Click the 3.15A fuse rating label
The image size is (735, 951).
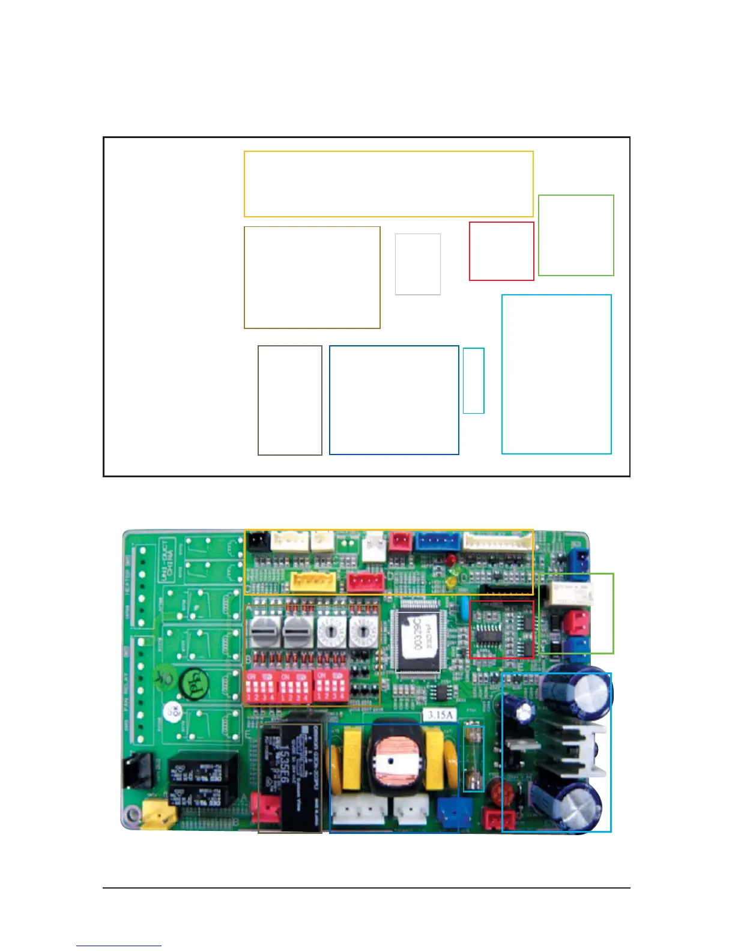click(x=440, y=715)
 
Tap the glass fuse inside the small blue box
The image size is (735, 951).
click(x=474, y=759)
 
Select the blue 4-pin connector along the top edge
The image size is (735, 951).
click(x=437, y=541)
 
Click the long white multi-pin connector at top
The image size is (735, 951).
click(x=497, y=542)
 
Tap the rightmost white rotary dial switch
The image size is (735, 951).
click(x=361, y=631)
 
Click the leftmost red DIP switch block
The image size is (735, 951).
click(x=260, y=686)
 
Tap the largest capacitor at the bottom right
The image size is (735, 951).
click(x=578, y=802)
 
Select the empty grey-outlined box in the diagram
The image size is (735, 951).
click(x=418, y=264)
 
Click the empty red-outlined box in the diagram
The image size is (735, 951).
click(x=501, y=251)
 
